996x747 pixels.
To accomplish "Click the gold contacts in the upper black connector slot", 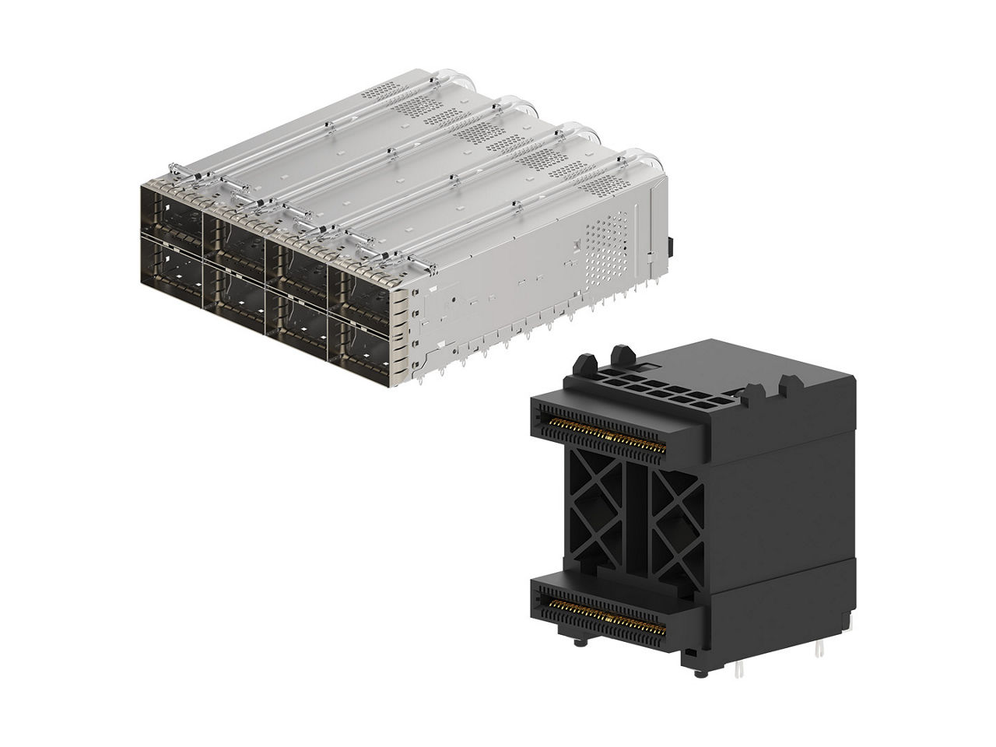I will [606, 437].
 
